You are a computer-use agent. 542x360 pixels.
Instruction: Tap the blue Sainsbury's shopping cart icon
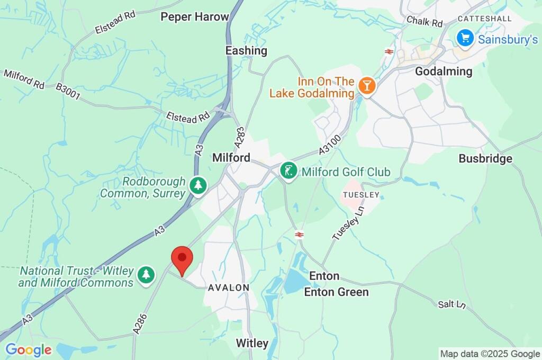coord(465,38)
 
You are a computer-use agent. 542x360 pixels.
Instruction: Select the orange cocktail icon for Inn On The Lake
coord(366,85)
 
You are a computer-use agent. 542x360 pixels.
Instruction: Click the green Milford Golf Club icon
coord(288,172)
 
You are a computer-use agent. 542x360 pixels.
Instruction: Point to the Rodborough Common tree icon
coord(198,186)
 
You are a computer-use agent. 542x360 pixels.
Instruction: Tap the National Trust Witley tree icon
coord(146,275)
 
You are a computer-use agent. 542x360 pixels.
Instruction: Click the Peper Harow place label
coord(195,16)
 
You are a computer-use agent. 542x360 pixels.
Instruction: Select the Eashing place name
coord(246,50)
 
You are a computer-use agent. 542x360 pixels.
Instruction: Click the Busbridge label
coord(485,158)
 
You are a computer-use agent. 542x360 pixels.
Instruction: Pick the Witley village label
coord(252,343)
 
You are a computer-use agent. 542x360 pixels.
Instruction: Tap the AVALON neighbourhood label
coord(229,287)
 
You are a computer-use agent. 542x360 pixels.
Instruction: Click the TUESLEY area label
coord(362,195)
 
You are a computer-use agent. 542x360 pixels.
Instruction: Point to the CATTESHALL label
coord(485,19)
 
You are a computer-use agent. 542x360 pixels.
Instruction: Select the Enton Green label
coord(336,292)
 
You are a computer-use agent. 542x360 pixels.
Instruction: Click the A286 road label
coord(140,323)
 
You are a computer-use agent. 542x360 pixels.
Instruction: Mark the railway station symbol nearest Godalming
coord(389,51)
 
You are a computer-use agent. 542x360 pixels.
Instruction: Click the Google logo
coord(29,349)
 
